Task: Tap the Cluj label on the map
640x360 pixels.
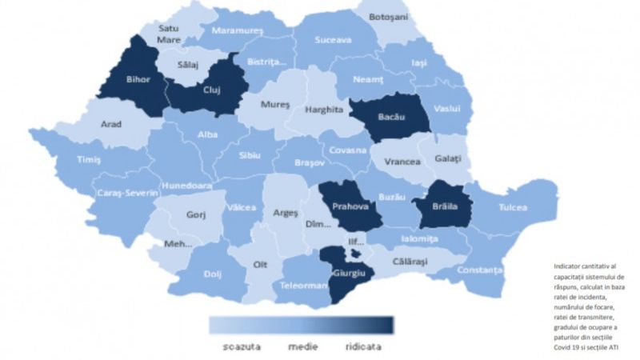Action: click(211, 90)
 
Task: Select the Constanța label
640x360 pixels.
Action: click(480, 270)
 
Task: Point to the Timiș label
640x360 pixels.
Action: click(89, 159)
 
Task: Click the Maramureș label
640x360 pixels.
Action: click(238, 32)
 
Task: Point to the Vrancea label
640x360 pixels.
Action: click(402, 161)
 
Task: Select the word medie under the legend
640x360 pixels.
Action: click(303, 347)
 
